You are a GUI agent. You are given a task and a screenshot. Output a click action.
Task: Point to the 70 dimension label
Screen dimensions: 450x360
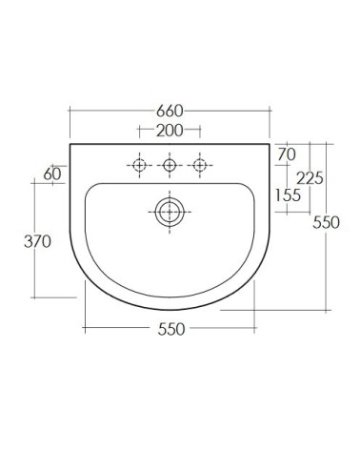[288, 153]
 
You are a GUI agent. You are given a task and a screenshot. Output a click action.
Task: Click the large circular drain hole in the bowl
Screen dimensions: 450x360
[170, 212]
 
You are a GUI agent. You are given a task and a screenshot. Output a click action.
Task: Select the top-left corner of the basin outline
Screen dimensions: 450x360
[70, 145]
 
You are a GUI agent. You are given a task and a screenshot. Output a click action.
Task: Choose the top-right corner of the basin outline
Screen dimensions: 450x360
[270, 145]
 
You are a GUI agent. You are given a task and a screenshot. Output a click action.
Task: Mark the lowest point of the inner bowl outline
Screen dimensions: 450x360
[170, 295]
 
